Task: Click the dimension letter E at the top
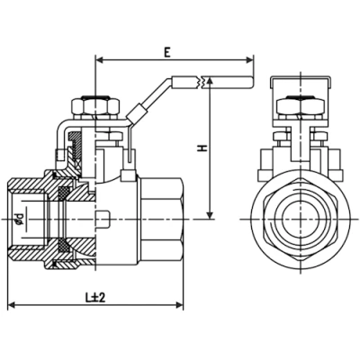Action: (x=168, y=52)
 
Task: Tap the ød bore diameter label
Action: (x=19, y=217)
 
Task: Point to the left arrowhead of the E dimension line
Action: (x=98, y=62)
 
